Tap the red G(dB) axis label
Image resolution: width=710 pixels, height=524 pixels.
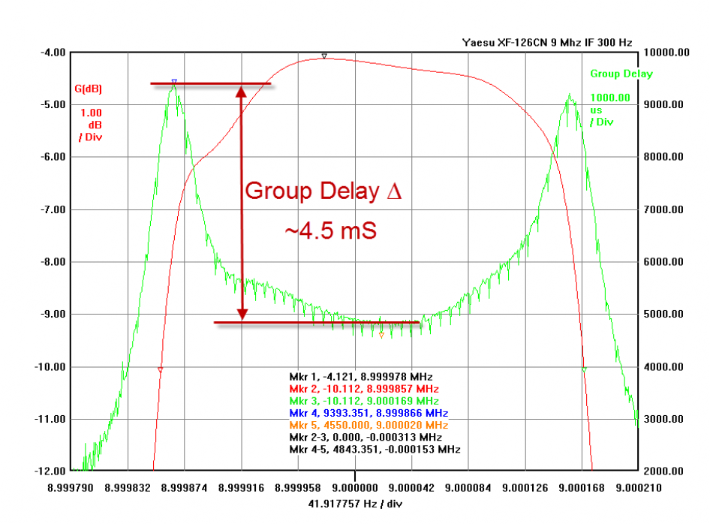coord(88,89)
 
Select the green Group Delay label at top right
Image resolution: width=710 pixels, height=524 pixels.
coord(621,74)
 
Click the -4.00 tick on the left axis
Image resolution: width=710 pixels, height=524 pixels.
coord(53,53)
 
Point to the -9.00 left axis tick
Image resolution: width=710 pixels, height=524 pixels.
coord(53,314)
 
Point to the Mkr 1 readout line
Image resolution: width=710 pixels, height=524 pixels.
coord(361,376)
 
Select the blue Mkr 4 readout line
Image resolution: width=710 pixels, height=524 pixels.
coord(369,413)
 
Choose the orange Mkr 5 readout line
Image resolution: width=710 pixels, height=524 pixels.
coord(369,425)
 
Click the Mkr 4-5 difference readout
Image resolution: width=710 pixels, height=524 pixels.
coord(375,449)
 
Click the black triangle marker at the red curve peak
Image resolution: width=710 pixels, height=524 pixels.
coord(324,56)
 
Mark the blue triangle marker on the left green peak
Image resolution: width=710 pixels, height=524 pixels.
coord(174,81)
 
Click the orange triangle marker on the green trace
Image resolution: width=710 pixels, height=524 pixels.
coord(381,335)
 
